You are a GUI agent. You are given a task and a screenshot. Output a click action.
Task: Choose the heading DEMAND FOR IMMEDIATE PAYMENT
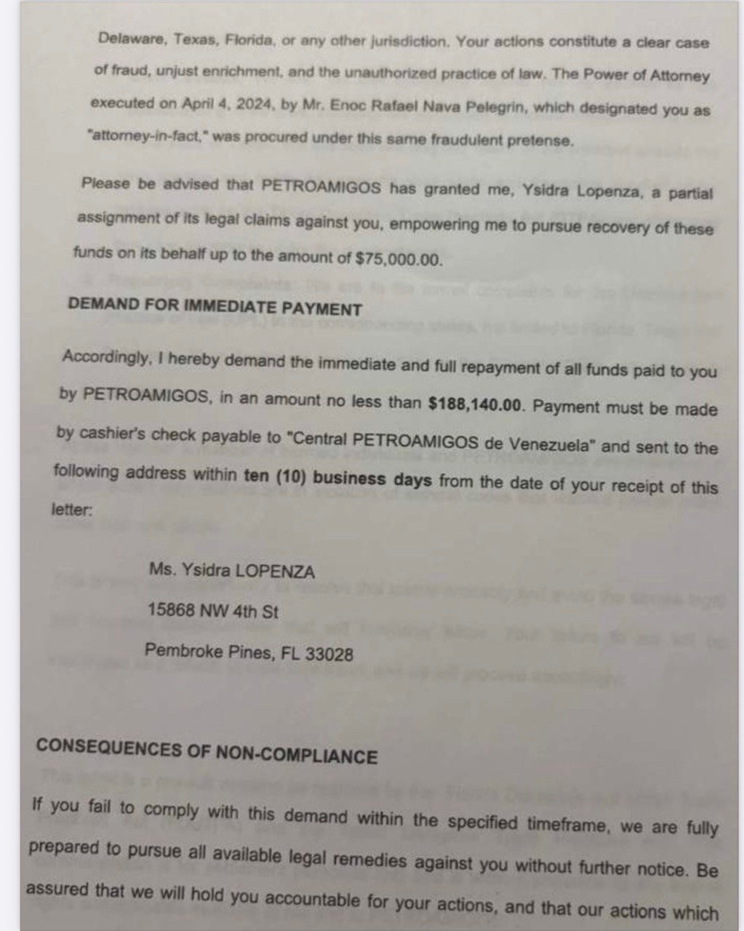(215, 307)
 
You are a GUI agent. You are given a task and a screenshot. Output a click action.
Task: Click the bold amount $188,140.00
(476, 406)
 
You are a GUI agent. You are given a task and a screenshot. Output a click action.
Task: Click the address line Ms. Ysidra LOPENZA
(231, 572)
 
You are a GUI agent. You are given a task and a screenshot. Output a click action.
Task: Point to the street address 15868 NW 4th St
(212, 611)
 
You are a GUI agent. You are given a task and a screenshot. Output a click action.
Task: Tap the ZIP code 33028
(329, 654)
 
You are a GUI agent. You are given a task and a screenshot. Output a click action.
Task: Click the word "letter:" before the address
(71, 510)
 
